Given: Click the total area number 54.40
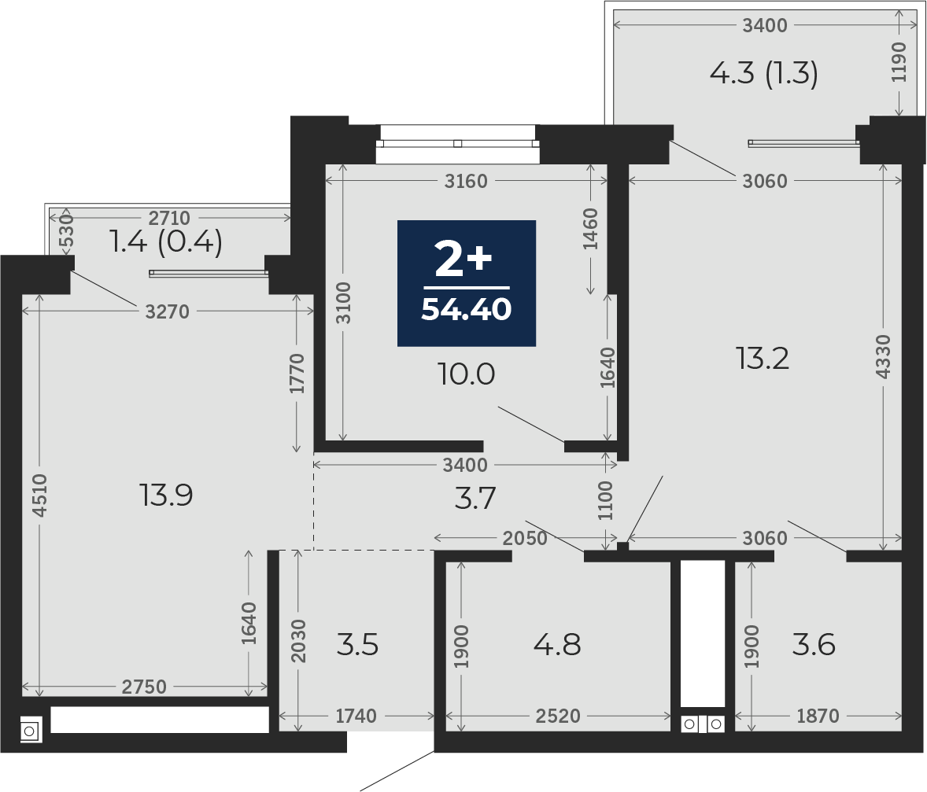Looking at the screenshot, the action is point(467,309).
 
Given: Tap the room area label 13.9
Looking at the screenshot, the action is point(166,495).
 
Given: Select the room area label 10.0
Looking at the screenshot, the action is point(467,374).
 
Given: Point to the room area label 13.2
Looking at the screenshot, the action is point(763,358).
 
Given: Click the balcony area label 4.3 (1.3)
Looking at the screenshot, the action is point(764,74).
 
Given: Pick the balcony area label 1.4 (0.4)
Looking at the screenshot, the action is point(167,241).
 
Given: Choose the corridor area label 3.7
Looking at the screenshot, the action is point(475,499).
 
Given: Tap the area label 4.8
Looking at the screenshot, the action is point(557,644).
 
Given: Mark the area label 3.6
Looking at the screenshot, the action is point(814,644).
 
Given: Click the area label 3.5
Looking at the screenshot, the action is point(357,644).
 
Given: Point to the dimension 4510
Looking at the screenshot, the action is point(39,495).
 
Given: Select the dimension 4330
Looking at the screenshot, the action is point(883,356).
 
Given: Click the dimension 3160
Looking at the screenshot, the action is point(466,181).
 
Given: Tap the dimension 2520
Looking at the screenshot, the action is point(558,716).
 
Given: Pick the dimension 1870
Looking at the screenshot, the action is point(818,716).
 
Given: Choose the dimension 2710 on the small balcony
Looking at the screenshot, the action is point(169,218).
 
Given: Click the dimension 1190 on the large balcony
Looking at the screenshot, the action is point(899,63).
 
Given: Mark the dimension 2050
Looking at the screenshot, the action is point(524,538).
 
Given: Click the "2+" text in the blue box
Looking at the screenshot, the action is point(463,259).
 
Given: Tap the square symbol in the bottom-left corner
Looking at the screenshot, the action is point(31,730).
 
